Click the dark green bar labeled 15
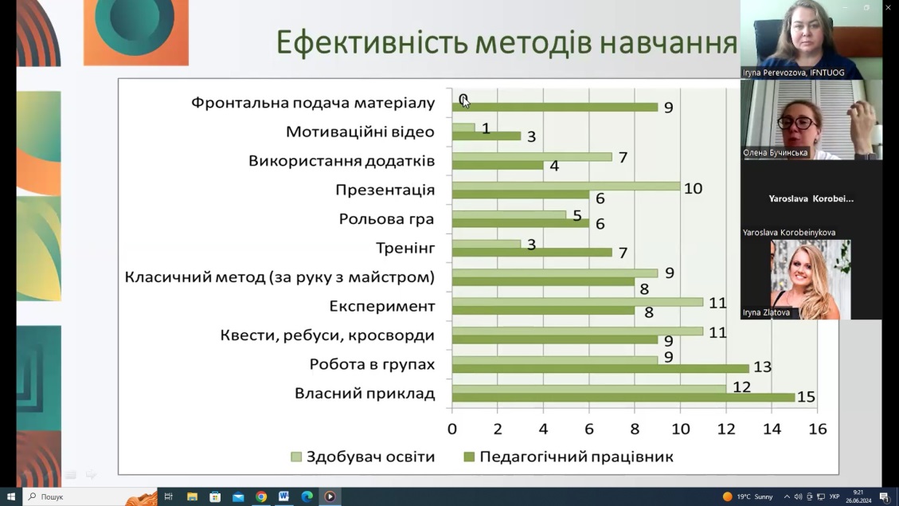623,397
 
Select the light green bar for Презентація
565,186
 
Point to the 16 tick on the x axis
818,429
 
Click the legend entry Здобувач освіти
363,457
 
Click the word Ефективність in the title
371,42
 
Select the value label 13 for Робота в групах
762,367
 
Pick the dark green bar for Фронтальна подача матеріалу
554,107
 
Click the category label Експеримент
382,306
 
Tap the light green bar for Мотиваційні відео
463,127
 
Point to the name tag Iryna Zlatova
766,312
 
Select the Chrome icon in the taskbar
260,496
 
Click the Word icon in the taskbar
283,496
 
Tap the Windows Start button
10,496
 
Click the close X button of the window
889,7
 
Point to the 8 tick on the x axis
635,429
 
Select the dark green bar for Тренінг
531,253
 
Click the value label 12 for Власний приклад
741,387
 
